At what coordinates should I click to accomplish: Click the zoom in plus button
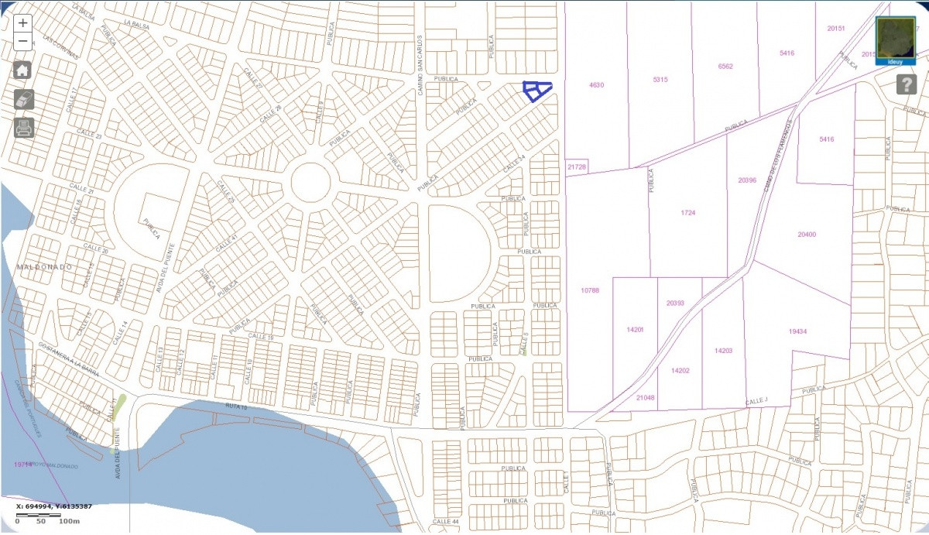pyautogui.click(x=23, y=24)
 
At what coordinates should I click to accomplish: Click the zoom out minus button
pyautogui.click(x=23, y=41)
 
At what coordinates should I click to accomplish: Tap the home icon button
pyautogui.click(x=22, y=70)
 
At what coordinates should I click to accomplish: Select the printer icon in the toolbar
pyautogui.click(x=24, y=128)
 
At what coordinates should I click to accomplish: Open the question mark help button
pyautogui.click(x=907, y=84)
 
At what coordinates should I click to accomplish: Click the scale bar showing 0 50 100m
pyautogui.click(x=46, y=519)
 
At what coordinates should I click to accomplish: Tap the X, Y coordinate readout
pyautogui.click(x=54, y=506)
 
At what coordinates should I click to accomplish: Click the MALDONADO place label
pyautogui.click(x=43, y=267)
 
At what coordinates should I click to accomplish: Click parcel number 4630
pyautogui.click(x=596, y=84)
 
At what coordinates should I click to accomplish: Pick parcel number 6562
pyautogui.click(x=725, y=66)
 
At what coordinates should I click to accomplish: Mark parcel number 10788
pyautogui.click(x=590, y=290)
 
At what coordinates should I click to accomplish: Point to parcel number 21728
pyautogui.click(x=577, y=167)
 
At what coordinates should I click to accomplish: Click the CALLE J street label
pyautogui.click(x=756, y=401)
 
